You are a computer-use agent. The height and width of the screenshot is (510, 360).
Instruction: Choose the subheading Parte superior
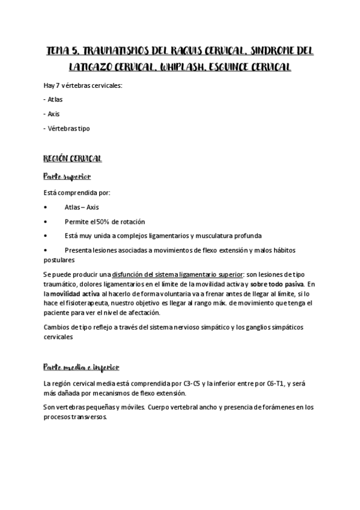pos(67,176)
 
